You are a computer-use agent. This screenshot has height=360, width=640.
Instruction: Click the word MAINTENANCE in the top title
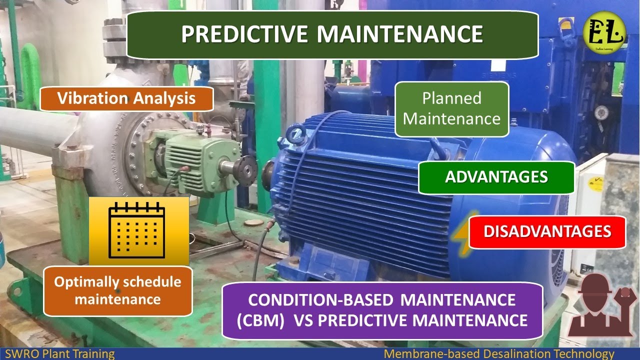click(x=400, y=34)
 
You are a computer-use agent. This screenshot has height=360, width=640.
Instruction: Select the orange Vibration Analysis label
click(x=126, y=98)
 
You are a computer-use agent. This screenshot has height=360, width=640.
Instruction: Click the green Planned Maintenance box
click(x=451, y=109)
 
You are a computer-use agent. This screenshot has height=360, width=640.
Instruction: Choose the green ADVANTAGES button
click(x=496, y=177)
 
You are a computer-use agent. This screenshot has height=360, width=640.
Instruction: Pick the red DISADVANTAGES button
click(x=547, y=231)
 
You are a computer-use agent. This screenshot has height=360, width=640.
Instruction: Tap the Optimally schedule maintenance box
click(x=117, y=291)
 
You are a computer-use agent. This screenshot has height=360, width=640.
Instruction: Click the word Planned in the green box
click(x=451, y=98)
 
